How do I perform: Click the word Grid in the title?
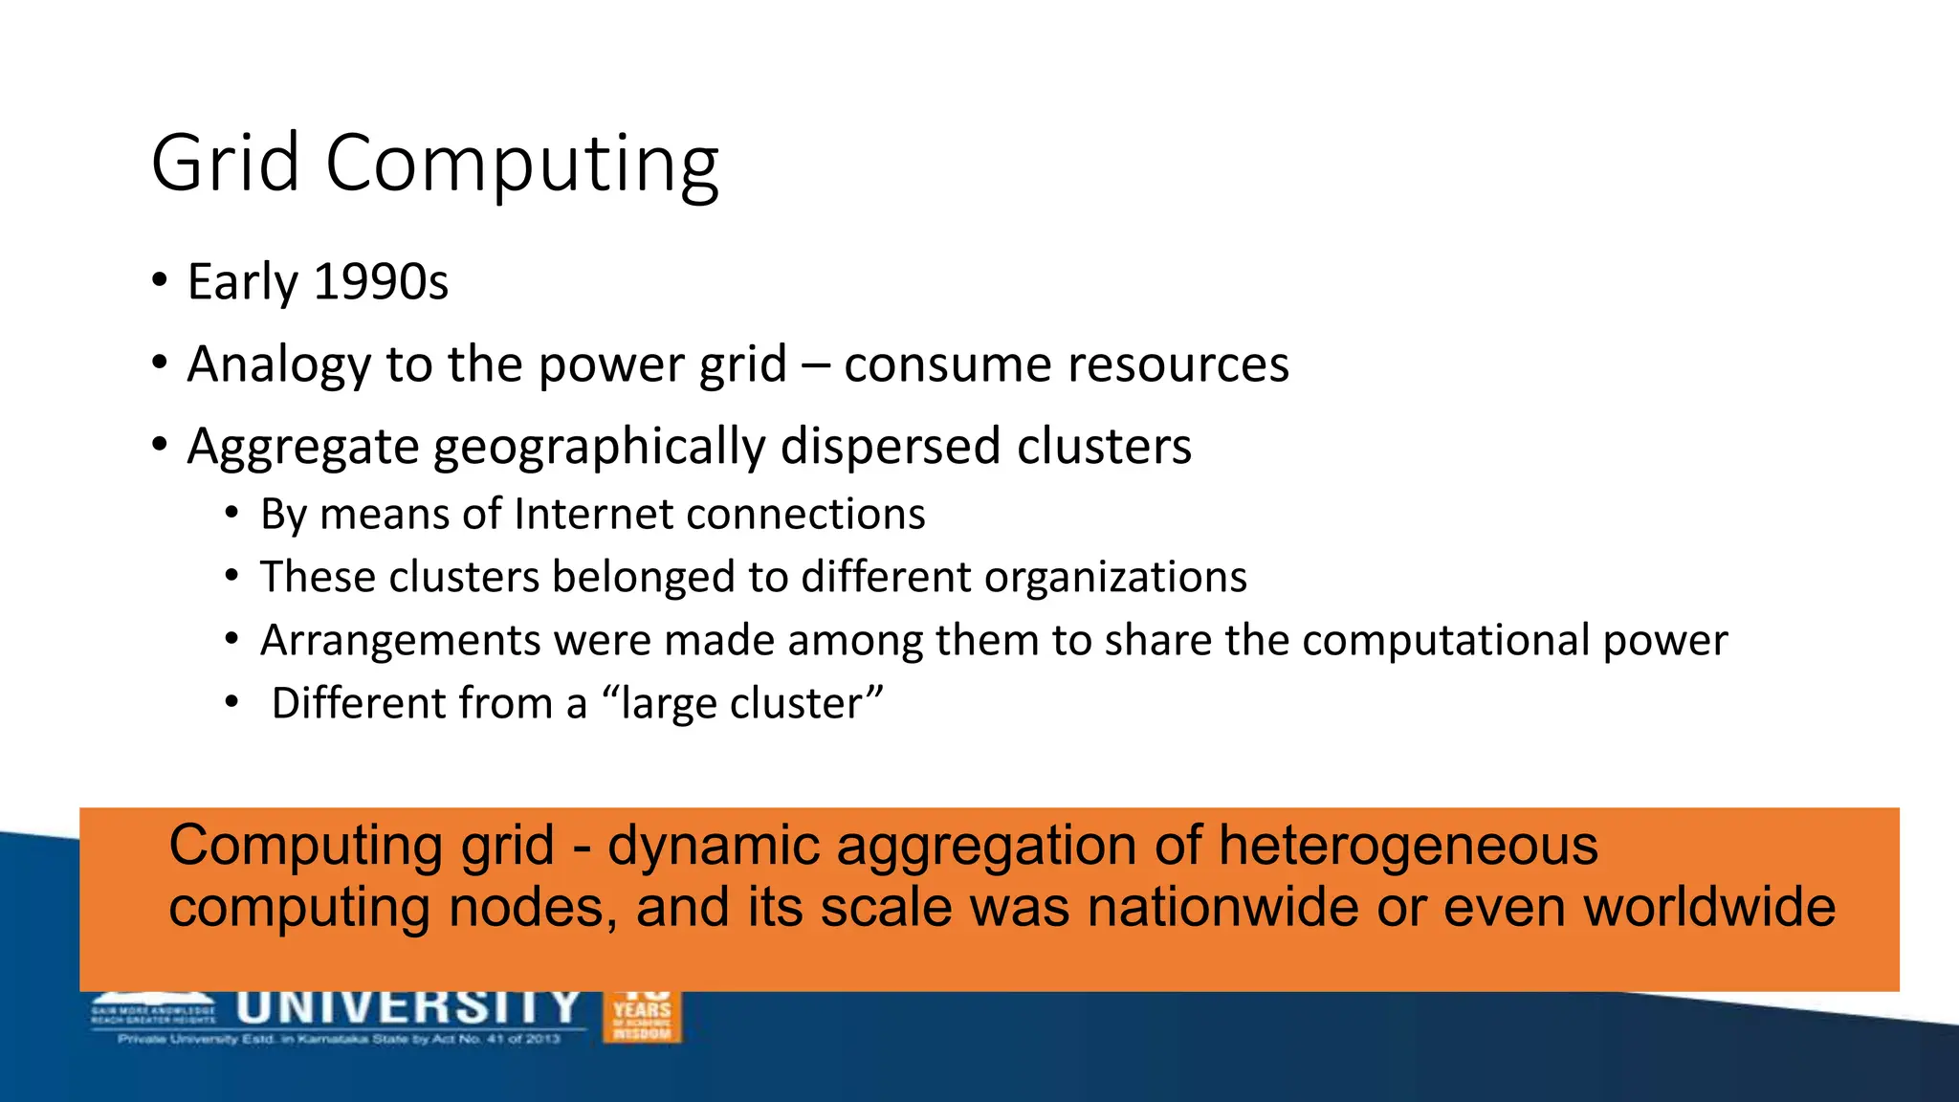click(x=226, y=163)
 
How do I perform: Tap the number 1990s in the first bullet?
click(x=381, y=281)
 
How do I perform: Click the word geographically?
click(x=600, y=447)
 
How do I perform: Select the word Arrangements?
click(x=400, y=640)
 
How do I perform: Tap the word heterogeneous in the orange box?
click(x=1407, y=846)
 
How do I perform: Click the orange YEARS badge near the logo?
click(x=642, y=1017)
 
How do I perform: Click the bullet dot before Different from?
click(x=231, y=703)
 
